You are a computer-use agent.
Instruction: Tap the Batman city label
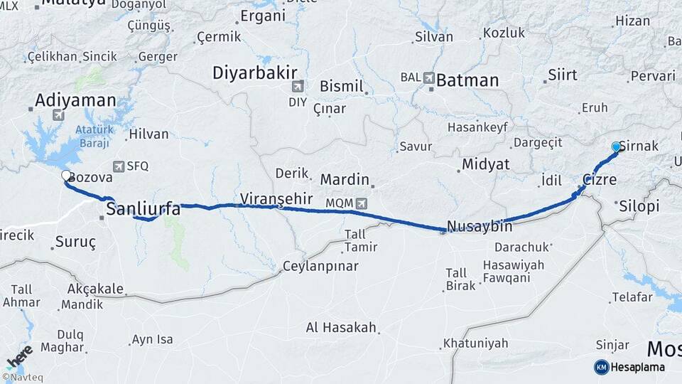click(467, 80)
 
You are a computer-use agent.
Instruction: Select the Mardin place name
click(345, 179)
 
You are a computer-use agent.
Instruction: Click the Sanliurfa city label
click(143, 208)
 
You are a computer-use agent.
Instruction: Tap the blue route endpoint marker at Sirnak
click(616, 146)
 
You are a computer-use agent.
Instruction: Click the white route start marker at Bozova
click(66, 176)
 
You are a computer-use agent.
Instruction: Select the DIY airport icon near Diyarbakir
click(297, 87)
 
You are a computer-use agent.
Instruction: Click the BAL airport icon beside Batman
click(429, 78)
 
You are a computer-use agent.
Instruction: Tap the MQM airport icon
click(362, 203)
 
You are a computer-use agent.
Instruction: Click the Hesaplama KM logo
click(602, 367)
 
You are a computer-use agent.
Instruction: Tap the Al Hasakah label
click(340, 328)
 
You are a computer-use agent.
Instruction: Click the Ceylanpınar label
click(320, 267)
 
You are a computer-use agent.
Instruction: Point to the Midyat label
click(486, 164)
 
